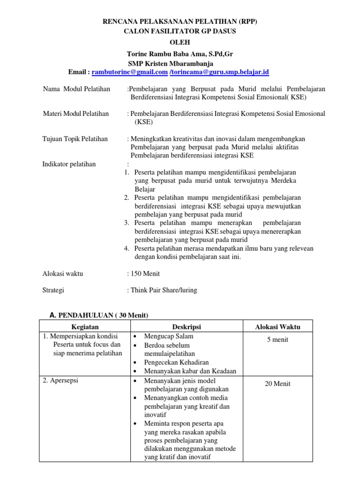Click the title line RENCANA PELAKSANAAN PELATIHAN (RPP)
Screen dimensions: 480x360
(x=180, y=22)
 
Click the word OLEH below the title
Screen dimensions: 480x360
(x=180, y=42)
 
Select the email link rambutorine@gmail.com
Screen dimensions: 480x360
(x=129, y=72)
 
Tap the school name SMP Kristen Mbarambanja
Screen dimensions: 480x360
(x=171, y=63)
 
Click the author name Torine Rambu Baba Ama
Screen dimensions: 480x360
(x=180, y=54)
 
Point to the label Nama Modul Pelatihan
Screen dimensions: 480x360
(x=76, y=89)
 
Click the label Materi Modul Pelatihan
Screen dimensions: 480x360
(x=76, y=113)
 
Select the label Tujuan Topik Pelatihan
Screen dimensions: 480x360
(x=75, y=139)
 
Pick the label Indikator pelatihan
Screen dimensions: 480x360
(x=69, y=164)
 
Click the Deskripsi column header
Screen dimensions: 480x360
(x=186, y=327)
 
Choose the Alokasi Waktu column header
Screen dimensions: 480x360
(x=277, y=327)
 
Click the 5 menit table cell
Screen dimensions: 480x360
(x=277, y=340)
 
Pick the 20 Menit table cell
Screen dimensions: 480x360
(x=277, y=384)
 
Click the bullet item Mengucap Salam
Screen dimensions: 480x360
(x=168, y=337)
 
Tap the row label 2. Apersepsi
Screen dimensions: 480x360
(x=60, y=380)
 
